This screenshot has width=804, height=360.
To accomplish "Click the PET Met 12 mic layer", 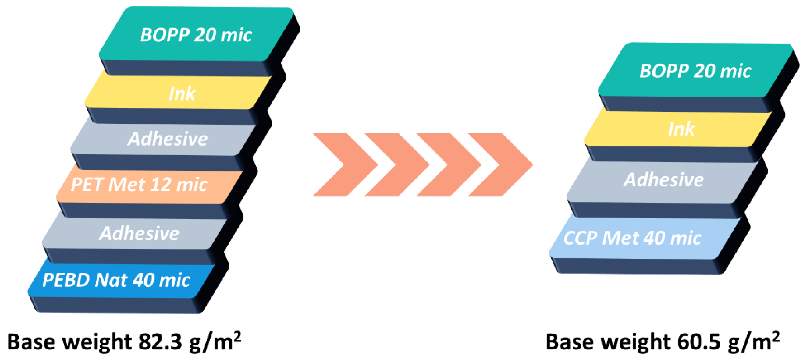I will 139,184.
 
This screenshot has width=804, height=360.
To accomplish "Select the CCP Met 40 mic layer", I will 632,238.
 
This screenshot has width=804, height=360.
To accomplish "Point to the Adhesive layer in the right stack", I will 664,180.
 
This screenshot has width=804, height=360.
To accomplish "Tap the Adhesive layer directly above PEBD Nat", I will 139,234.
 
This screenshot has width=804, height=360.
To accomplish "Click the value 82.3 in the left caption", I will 160,342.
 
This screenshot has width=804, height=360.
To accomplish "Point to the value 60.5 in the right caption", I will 699,342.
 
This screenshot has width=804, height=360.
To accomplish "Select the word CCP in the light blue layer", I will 581,238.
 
